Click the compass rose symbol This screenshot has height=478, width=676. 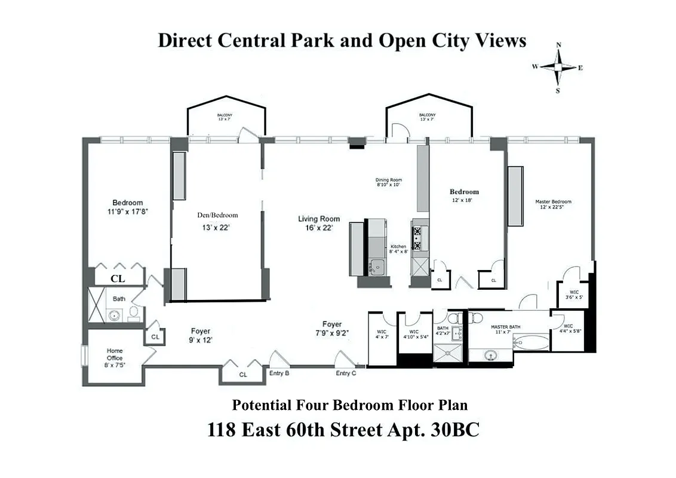(558, 68)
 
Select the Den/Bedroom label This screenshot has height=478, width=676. (217, 220)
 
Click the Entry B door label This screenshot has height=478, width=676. (279, 373)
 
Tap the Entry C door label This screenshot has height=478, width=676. (346, 373)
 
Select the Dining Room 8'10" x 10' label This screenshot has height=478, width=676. (388, 182)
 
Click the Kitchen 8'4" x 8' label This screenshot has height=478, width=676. (398, 249)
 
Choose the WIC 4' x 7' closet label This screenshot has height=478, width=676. (382, 335)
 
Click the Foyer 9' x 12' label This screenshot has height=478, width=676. (200, 335)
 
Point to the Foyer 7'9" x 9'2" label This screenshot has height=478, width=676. (332, 328)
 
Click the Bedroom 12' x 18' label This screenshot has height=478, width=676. (464, 195)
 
